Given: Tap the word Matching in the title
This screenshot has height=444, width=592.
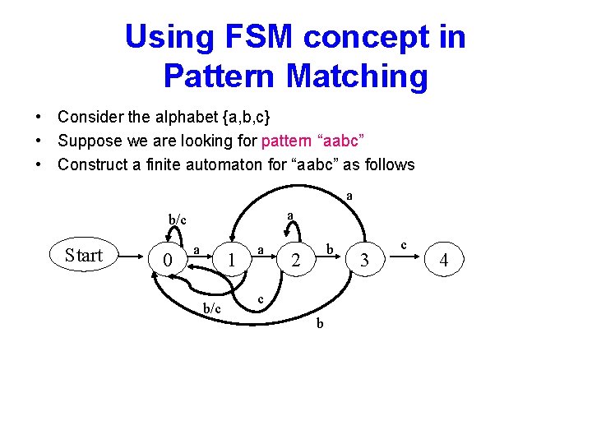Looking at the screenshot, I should tap(357, 76).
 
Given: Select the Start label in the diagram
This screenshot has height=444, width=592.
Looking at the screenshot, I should tap(84, 255).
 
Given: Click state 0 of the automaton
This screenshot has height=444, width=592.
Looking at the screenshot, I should tap(168, 261).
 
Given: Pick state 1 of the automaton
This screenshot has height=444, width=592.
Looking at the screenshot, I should tap(233, 261).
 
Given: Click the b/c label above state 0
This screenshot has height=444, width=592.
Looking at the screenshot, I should tap(178, 220).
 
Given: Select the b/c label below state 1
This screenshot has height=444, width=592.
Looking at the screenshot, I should tap(212, 308).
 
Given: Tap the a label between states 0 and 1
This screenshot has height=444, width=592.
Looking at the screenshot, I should tap(197, 247).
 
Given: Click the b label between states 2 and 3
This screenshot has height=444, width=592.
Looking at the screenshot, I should tap(329, 247).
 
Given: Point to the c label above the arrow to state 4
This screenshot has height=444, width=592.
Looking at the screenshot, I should tap(404, 244).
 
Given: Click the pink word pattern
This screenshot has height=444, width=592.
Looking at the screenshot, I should tap(289, 141).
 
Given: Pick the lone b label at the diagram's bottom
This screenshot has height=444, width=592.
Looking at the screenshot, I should tap(320, 324).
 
